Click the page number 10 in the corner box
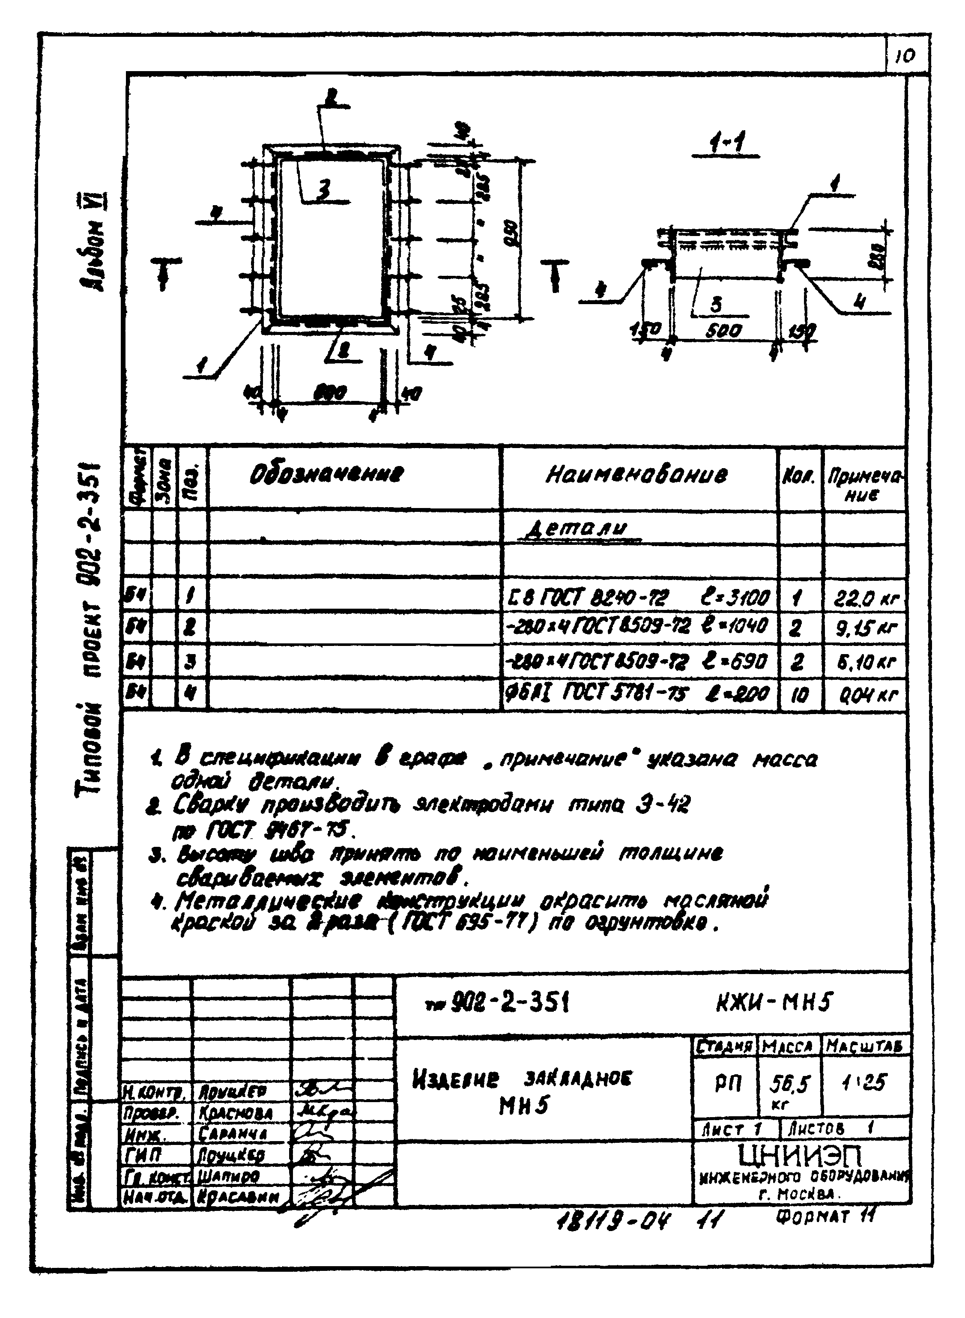point(905,56)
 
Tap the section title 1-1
point(725,143)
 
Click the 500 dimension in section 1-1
point(724,331)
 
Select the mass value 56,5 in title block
point(789,1084)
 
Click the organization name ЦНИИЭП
point(800,1155)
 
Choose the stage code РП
point(727,1084)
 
